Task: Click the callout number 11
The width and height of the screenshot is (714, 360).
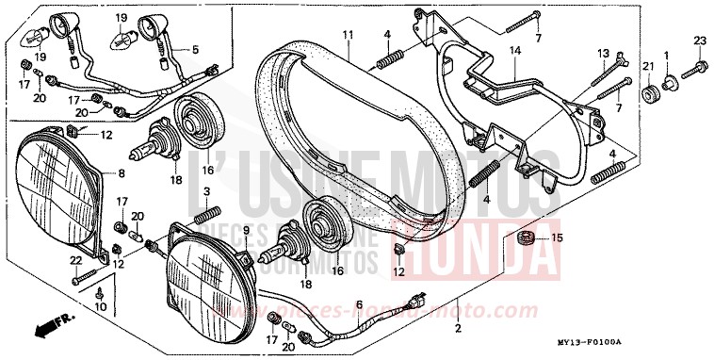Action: [x=348, y=35]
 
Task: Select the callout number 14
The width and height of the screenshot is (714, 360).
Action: [x=515, y=50]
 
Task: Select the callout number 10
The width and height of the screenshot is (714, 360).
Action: [x=102, y=307]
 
